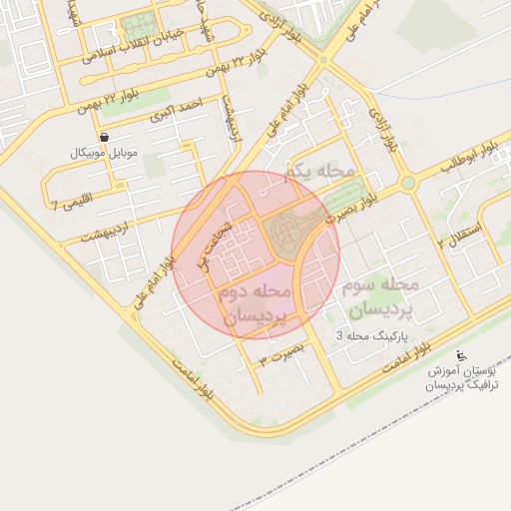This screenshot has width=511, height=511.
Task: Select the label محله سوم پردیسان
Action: pos(378,296)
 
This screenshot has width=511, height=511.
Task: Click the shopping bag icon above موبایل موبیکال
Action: pos(105,137)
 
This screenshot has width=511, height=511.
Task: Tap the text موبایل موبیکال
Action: pos(105,154)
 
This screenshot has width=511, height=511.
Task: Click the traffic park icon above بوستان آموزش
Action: pos(460,355)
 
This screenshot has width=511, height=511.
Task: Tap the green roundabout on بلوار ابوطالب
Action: pos(408,183)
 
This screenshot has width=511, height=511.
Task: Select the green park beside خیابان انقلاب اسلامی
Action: pos(135,27)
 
